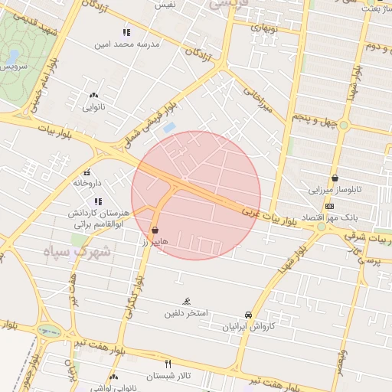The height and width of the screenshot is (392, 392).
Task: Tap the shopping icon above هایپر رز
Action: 155,230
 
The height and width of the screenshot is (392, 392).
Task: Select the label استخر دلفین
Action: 187,314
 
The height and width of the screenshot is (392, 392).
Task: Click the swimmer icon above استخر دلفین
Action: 187,302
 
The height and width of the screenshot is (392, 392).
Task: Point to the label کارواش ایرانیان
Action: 247,327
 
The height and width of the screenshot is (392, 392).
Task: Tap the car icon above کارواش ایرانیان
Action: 248,315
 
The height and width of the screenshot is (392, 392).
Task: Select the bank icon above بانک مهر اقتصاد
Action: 329,206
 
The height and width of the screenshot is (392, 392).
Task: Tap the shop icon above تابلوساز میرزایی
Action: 335,178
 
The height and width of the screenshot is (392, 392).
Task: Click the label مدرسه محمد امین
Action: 126,44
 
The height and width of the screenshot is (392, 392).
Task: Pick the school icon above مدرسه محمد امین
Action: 126,32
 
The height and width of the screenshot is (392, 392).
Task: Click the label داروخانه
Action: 87,184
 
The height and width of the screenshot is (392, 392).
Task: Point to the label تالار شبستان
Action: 167,375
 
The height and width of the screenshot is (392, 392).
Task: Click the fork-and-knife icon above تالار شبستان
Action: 168,364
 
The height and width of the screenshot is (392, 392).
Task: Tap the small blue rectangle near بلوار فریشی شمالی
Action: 170,126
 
